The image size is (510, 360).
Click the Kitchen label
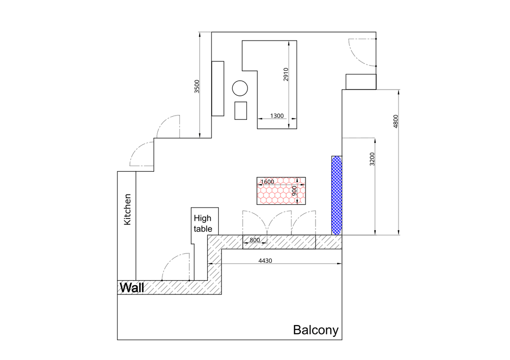127,209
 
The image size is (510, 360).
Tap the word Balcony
315,330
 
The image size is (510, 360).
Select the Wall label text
132,287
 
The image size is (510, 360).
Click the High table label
203,223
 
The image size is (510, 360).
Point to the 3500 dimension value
197,86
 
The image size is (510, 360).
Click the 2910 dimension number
286,75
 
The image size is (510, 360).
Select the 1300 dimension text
277,116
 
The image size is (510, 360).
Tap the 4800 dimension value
396,122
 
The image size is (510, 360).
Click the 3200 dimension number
372,159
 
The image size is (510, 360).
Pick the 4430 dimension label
265,260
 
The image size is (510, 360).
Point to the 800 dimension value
255,240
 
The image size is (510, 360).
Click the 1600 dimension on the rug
267,182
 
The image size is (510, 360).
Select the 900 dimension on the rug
294,191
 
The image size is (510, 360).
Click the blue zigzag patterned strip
337,195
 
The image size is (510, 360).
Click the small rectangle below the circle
241,110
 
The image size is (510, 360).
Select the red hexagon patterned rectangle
281,191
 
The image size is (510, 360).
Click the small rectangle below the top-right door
361,82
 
